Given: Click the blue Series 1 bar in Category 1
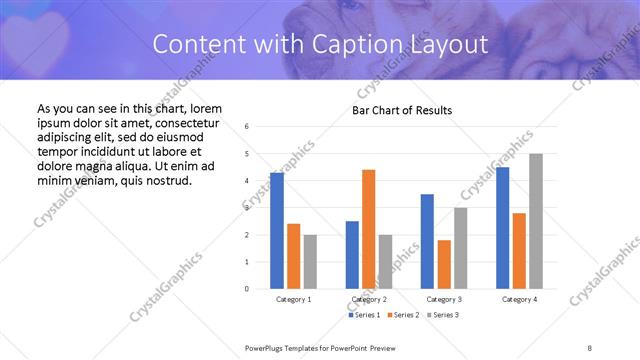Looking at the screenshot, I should pos(277,230).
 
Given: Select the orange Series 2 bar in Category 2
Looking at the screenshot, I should pos(369,229).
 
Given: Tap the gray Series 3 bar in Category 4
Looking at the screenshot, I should pos(536,221).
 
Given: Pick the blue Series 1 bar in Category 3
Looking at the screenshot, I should pos(427,241).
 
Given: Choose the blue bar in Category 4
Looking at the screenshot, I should pos(503,228).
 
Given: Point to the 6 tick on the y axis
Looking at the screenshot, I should pos(247,127).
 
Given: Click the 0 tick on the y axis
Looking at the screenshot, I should pos(247,289).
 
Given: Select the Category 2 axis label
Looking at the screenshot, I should pos(369,299).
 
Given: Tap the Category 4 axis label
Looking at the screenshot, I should pos(519,299).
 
